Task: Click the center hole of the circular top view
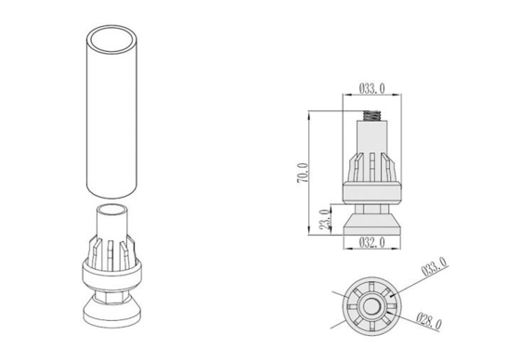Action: click(371, 305)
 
